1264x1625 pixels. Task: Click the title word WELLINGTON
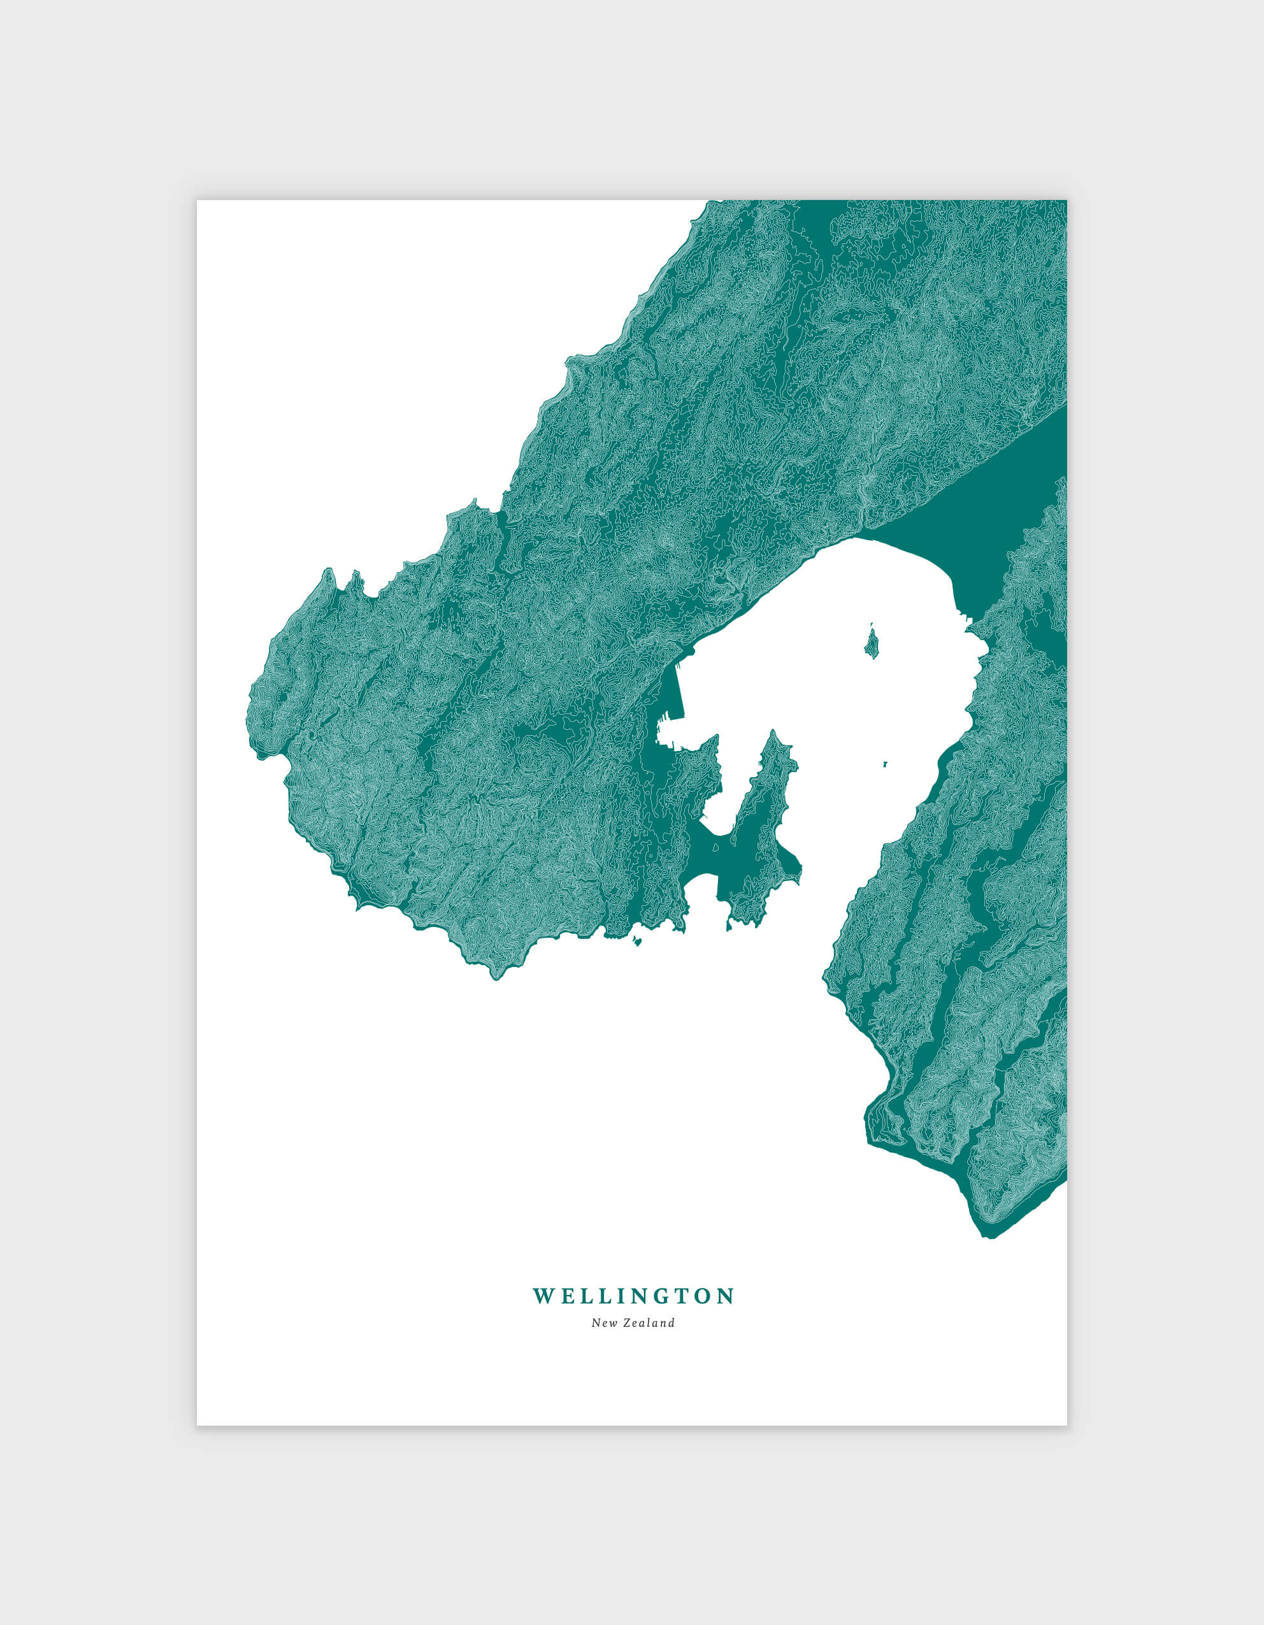pyautogui.click(x=633, y=1296)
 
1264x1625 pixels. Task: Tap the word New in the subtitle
pyautogui.click(x=602, y=1323)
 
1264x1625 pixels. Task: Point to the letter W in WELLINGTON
pyautogui.click(x=542, y=1296)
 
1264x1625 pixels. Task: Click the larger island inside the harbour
pyautogui.click(x=871, y=642)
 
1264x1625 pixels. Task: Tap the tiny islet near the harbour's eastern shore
pyautogui.click(x=886, y=762)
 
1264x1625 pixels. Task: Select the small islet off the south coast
pyautogui.click(x=637, y=942)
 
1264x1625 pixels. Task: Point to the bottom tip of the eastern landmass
pyautogui.click(x=990, y=1236)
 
